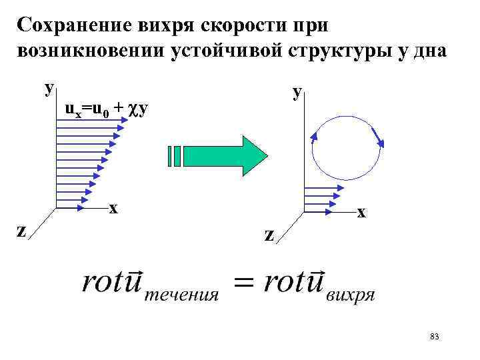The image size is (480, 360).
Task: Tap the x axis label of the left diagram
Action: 114,207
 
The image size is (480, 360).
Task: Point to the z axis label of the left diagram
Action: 21,230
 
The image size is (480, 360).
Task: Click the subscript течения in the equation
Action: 182,294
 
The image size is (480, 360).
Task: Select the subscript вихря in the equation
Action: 351,294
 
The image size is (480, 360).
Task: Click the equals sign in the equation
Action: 243,284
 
